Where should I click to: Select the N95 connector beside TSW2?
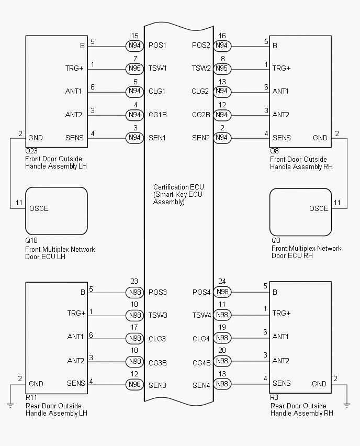222,69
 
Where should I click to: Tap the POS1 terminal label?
157,46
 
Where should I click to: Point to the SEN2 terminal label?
201,138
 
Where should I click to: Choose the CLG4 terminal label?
201,339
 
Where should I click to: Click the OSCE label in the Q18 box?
39,208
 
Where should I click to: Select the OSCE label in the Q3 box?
319,208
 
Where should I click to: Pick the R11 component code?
31,397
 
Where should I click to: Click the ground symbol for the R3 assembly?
347,404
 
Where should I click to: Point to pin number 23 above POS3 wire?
135,281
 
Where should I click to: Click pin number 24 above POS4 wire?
222,281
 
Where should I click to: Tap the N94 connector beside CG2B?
222,115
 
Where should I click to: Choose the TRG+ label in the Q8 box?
282,69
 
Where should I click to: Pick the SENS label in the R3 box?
282,384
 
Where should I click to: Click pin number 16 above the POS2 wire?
222,36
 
